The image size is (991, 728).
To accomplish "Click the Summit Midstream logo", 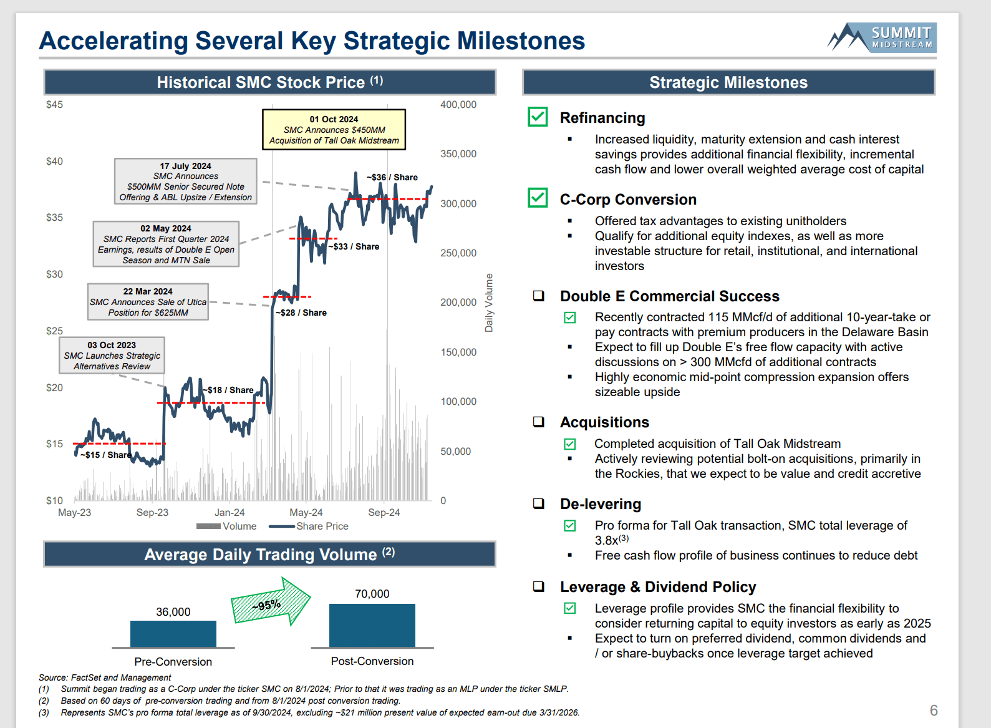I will (882, 37).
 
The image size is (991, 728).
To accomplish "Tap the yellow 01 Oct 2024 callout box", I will (334, 130).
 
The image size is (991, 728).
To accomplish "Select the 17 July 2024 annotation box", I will (185, 182).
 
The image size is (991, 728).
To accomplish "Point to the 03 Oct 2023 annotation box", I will (112, 356).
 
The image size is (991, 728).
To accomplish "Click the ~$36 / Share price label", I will (392, 177).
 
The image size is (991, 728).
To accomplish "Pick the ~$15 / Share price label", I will (105, 455).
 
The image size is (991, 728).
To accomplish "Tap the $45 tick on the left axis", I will (54, 105).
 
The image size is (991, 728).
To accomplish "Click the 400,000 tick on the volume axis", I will (458, 105).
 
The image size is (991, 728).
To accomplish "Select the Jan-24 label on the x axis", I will (230, 513).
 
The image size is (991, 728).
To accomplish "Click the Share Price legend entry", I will (309, 527).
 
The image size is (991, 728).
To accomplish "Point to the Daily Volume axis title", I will (489, 303).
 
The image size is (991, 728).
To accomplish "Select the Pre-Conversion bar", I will (173, 634).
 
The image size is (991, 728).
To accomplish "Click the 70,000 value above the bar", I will (372, 594).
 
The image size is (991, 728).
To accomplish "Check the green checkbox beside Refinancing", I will (538, 117).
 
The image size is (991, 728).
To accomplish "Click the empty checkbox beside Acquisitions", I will (539, 422).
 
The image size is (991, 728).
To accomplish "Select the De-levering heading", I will (601, 504).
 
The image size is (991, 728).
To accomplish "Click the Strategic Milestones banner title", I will (728, 83).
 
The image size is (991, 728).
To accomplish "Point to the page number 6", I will (934, 711).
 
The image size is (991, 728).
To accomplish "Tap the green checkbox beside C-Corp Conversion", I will (538, 198).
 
